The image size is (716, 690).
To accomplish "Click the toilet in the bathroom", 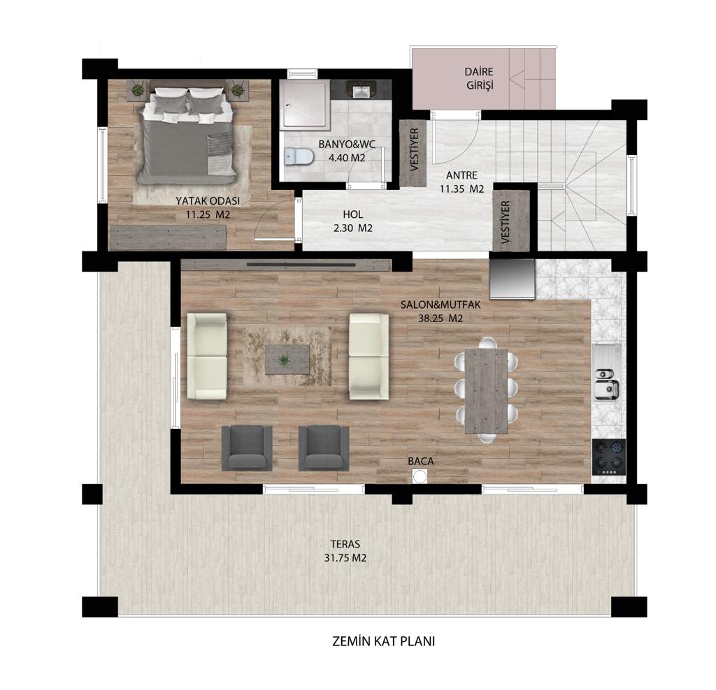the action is pyautogui.click(x=299, y=157).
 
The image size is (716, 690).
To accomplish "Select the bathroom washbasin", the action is pyautogui.click(x=361, y=89).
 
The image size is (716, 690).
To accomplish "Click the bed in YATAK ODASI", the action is pyautogui.click(x=188, y=135).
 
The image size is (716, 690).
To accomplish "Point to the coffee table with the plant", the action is pyautogui.click(x=287, y=360).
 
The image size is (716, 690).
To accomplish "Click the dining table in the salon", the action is pyautogui.click(x=486, y=391).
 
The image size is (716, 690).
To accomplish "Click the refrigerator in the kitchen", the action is pyautogui.click(x=512, y=279).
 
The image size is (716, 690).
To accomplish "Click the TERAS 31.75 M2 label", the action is pyautogui.click(x=345, y=551).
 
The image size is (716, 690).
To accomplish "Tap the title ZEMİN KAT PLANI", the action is pyautogui.click(x=384, y=641).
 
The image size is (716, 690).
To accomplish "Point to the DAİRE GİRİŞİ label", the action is pyautogui.click(x=480, y=78).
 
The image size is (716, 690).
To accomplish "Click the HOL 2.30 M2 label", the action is pyautogui.click(x=353, y=221).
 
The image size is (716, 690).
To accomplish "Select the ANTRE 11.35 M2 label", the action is pyautogui.click(x=461, y=182).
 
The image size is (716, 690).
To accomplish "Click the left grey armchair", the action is pyautogui.click(x=247, y=448).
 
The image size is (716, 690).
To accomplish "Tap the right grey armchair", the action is pyautogui.click(x=324, y=448).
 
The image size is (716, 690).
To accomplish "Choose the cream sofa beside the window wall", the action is pyautogui.click(x=207, y=356).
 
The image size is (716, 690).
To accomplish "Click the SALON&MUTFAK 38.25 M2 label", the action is pyautogui.click(x=441, y=311).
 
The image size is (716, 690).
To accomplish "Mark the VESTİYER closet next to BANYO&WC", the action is pyautogui.click(x=413, y=153).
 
